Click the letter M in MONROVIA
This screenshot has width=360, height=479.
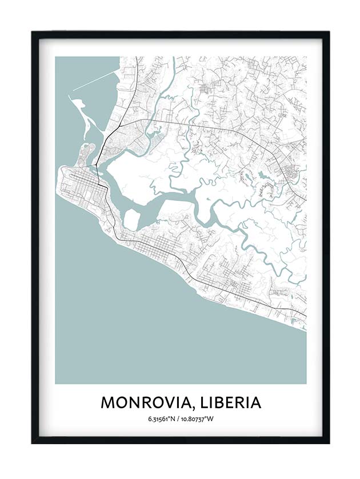[x=108, y=402]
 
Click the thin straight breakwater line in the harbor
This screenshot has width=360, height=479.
[x=94, y=82]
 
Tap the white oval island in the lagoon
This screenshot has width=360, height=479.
[x=131, y=219]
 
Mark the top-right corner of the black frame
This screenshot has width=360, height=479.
[x=328, y=33]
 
